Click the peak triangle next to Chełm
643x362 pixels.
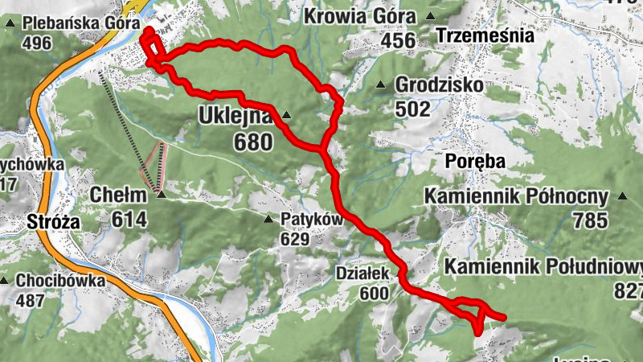(161, 194)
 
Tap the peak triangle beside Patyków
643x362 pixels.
(268, 219)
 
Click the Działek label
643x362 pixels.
(362, 274)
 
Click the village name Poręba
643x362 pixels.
(475, 161)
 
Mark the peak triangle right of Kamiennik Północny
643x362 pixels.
(623, 195)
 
